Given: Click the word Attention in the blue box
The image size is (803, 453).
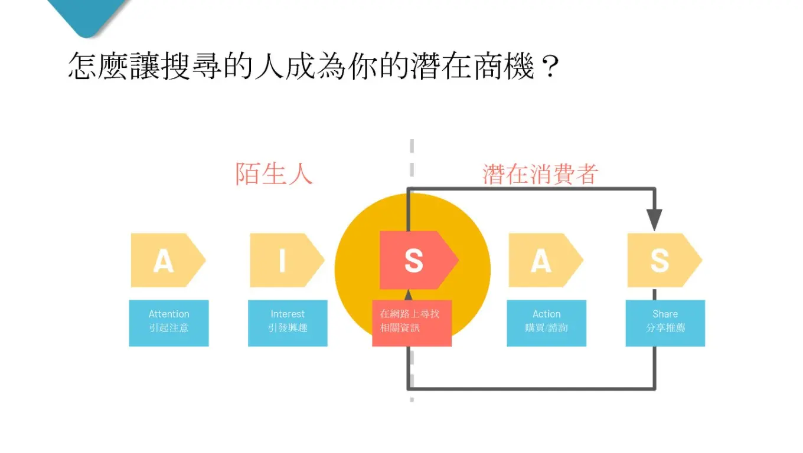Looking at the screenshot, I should click(169, 314).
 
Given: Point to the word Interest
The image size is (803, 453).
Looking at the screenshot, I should click(288, 314).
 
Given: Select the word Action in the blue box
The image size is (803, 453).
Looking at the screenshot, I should click(547, 314).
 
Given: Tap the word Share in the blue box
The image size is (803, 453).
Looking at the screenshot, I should click(665, 314).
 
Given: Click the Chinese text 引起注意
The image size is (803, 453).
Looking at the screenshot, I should click(169, 328).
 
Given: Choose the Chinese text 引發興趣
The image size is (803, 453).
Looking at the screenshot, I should click(288, 328).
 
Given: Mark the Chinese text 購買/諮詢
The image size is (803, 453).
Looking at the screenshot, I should click(547, 328).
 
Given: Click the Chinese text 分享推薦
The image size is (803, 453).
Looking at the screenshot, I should click(665, 328).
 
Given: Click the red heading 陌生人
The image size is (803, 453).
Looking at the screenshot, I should click(273, 174).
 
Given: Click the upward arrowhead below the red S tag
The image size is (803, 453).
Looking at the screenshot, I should click(408, 295).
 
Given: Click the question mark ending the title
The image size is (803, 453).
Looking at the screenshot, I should click(549, 67).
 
